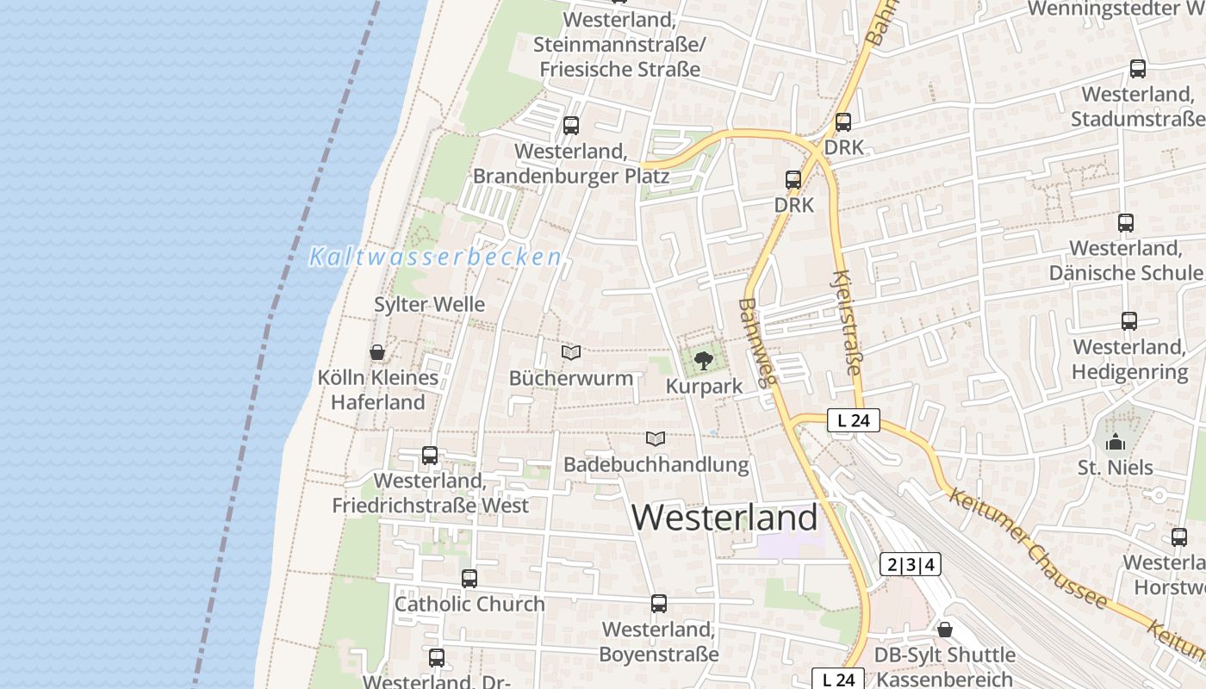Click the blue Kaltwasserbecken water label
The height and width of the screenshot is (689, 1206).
click(x=435, y=257)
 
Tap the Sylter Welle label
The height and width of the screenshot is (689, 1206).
click(x=429, y=304)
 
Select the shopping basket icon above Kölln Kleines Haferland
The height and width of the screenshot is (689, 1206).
click(x=376, y=352)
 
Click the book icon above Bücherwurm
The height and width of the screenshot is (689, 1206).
click(x=570, y=352)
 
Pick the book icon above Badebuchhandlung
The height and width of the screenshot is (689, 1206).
click(x=656, y=438)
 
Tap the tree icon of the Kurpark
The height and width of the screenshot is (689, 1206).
click(x=704, y=360)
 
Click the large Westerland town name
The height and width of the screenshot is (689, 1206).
click(x=724, y=517)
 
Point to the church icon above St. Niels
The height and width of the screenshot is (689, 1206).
click(x=1116, y=443)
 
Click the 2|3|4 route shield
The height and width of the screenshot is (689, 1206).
click(x=910, y=565)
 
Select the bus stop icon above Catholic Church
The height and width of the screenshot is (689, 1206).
click(x=469, y=579)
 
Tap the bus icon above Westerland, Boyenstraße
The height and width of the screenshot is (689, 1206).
click(x=659, y=604)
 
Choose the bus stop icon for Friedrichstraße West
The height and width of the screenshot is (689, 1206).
click(x=430, y=456)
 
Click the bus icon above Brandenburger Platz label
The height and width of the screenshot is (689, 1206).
click(x=571, y=126)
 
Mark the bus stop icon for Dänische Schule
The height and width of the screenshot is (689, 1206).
click(x=1126, y=223)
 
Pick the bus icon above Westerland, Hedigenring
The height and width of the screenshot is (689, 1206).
click(x=1129, y=321)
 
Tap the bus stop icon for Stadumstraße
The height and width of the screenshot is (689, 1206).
click(x=1138, y=69)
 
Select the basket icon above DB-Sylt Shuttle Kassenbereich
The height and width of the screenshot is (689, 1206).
click(x=945, y=630)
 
